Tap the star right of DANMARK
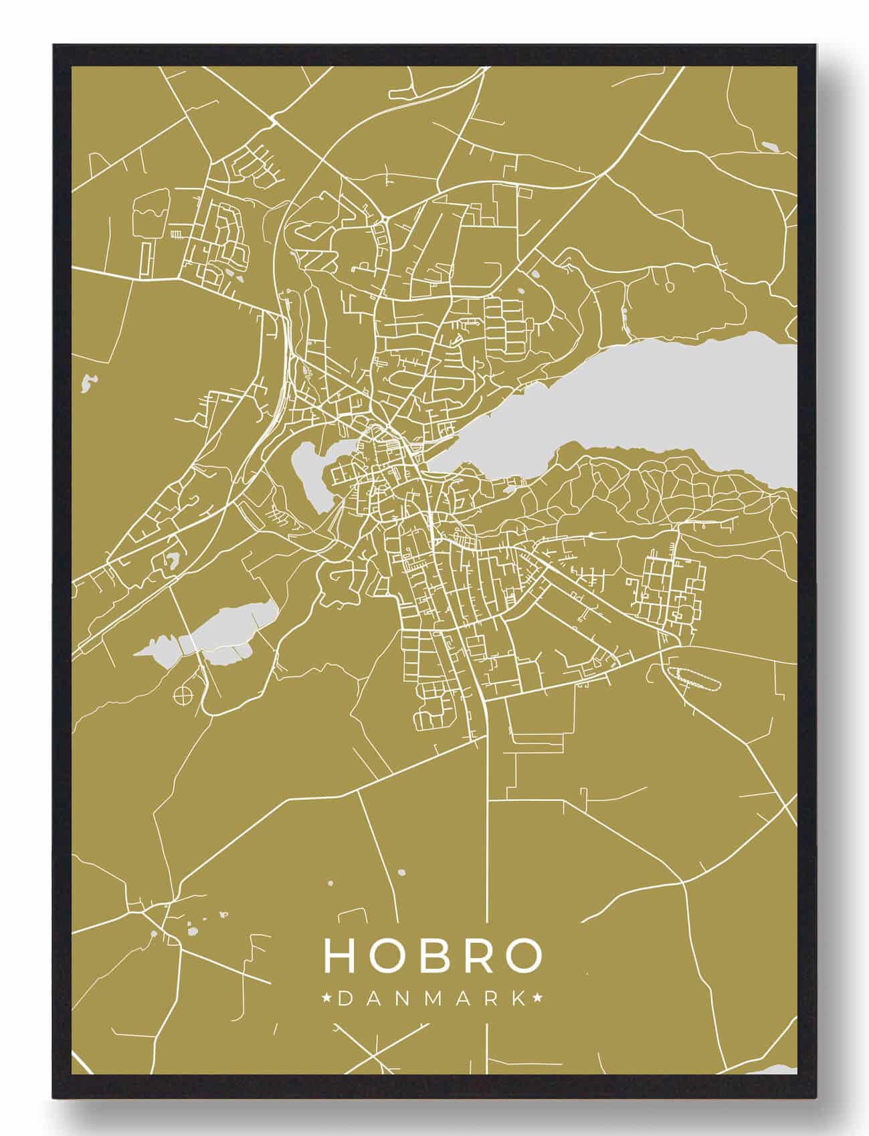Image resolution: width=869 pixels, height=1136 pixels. [537, 999]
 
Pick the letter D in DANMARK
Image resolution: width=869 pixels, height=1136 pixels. [346, 999]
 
